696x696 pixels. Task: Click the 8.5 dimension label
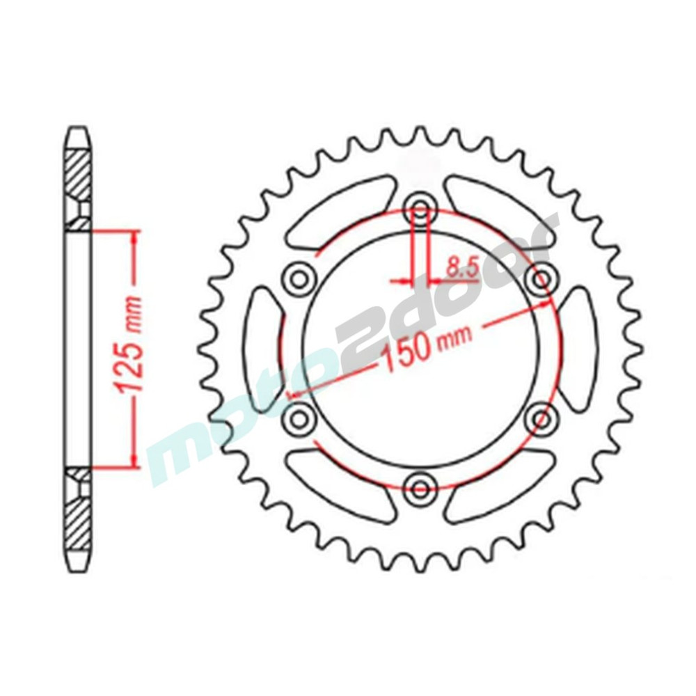(x=461, y=268)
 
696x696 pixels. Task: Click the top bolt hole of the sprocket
(x=420, y=208)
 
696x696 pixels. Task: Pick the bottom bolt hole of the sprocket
(x=420, y=489)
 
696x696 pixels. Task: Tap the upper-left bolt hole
(x=299, y=279)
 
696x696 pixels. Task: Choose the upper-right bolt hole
(x=541, y=279)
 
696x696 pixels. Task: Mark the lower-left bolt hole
(x=299, y=418)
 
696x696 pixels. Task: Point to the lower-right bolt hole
(x=541, y=418)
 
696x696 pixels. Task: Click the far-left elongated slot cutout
(x=261, y=349)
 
